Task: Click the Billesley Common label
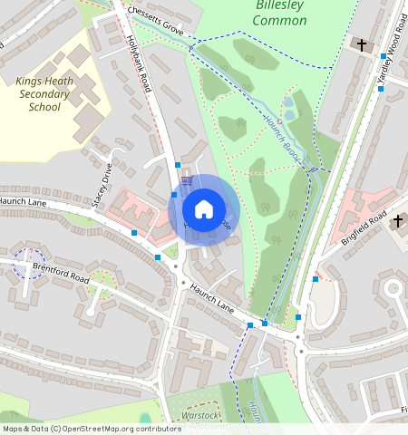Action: [x=279, y=14]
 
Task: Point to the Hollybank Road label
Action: [x=139, y=64]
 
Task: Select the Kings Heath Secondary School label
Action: [x=44, y=94]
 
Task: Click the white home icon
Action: [x=204, y=209]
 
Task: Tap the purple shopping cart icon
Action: [x=186, y=181]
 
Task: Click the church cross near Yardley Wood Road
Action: [x=362, y=44]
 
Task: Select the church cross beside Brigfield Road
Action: [x=397, y=221]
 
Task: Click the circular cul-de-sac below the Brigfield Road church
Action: [x=393, y=289]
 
